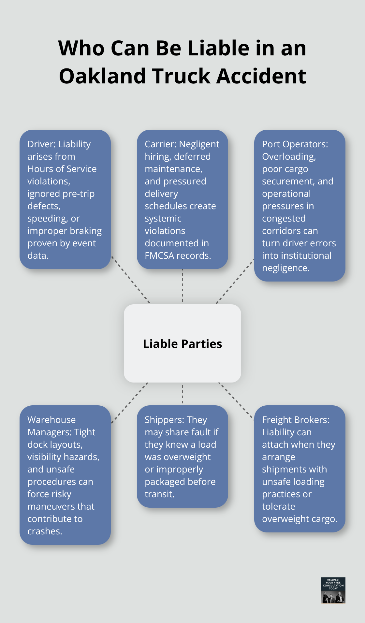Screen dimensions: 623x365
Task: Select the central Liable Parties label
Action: pos(182,344)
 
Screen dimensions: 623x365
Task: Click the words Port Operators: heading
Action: pos(295,144)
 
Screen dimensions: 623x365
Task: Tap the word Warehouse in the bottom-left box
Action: pos(51,420)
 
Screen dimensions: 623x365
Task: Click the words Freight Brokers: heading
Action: pos(295,420)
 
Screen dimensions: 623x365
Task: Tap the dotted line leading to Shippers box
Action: pos(182,394)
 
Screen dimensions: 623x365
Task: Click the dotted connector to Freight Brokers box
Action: pos(236,401)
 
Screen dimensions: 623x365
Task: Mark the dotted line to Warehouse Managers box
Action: pos(130,403)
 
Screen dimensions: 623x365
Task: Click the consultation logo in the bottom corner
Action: pos(333,590)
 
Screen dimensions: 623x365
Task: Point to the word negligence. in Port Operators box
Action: pos(286,268)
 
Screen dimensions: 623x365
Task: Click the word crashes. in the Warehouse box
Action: pos(45,531)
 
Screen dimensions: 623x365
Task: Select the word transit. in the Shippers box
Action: pos(159,494)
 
